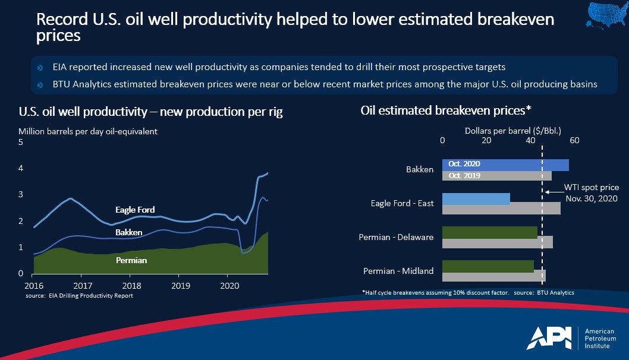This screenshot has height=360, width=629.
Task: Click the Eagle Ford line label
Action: [x=135, y=210]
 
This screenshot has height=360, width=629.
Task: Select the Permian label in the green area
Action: [x=131, y=260]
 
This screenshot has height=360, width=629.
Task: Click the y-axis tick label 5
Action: [x=21, y=143]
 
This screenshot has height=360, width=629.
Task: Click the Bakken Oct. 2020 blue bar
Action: [x=505, y=165]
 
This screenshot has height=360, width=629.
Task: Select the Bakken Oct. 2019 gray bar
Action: [x=497, y=176]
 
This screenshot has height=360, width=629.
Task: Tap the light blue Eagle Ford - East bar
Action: [x=476, y=198]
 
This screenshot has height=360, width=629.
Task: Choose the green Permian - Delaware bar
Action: [x=489, y=232]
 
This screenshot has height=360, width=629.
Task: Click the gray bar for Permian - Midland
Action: [x=494, y=276]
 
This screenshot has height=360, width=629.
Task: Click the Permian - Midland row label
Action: [x=398, y=271]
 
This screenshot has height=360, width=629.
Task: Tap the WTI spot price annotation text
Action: [x=592, y=193]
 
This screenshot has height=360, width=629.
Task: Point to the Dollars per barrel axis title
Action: [x=513, y=129]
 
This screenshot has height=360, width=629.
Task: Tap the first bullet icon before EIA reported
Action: [x=40, y=68]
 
